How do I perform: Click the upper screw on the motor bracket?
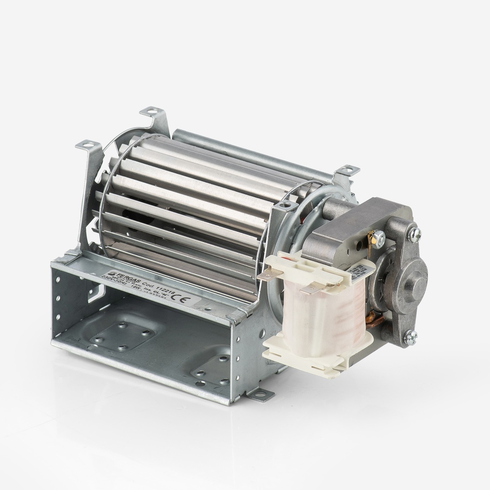pyautogui.click(x=414, y=234)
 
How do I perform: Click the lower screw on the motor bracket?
pyautogui.click(x=410, y=337)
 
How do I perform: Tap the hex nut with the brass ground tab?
pyautogui.click(x=378, y=239)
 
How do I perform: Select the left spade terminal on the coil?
pyautogui.click(x=267, y=275)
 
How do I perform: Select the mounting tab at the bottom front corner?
pyautogui.click(x=261, y=394)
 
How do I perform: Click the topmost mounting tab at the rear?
pyautogui.click(x=152, y=112)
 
